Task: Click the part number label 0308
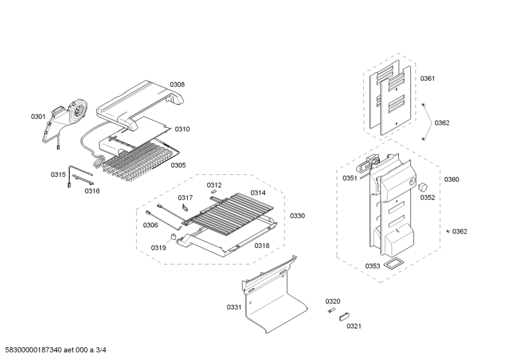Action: coord(177,85)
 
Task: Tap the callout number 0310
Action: coord(182,129)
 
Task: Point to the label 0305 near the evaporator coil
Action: coord(178,165)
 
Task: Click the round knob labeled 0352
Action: coord(422,186)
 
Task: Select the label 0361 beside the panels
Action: coord(428,78)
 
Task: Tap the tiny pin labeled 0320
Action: coord(331,310)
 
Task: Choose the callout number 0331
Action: coord(234,307)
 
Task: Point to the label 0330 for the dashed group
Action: coord(297,216)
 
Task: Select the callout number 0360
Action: coord(451,179)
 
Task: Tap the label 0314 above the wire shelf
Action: coord(258,192)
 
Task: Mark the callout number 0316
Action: coord(92,191)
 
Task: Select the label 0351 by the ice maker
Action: coord(350,178)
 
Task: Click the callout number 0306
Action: coord(150,225)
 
